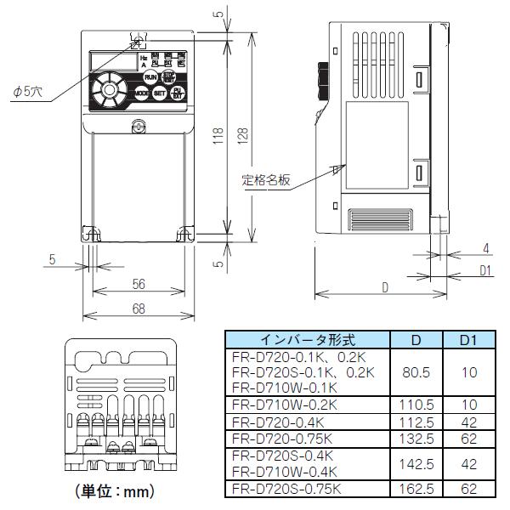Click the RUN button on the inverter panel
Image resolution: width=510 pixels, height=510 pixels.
click(x=150, y=76)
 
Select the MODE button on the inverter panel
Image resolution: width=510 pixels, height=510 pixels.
click(x=141, y=94)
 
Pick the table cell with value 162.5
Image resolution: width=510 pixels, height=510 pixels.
click(x=416, y=489)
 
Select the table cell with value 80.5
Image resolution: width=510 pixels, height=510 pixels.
click(x=416, y=372)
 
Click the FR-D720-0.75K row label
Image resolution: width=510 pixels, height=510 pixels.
click(x=283, y=439)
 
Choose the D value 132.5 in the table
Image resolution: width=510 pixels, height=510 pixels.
click(x=416, y=439)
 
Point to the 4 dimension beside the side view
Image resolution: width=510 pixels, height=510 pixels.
click(x=485, y=248)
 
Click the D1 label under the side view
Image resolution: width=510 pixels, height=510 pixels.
click(x=485, y=271)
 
